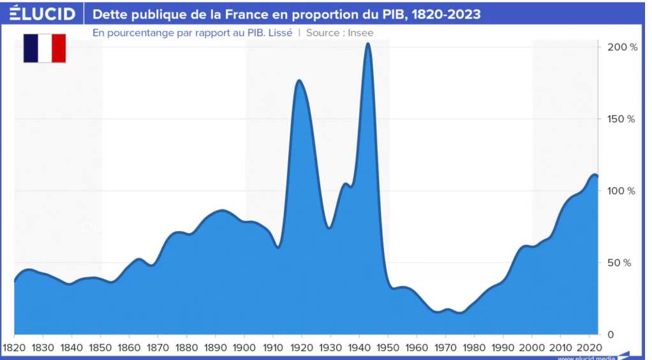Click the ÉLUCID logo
coord(41,13)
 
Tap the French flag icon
coord(45,49)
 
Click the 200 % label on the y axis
coord(622,47)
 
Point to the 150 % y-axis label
coord(622,119)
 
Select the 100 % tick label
coord(622,191)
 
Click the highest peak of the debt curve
coord(368,44)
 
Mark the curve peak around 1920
coord(299,80)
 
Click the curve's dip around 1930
coord(329,227)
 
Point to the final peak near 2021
coord(593,174)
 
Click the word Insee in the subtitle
coord(360,33)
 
